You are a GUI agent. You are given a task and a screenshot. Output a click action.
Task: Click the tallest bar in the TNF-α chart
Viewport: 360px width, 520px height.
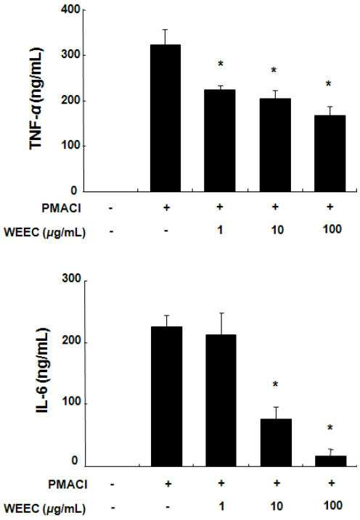165,118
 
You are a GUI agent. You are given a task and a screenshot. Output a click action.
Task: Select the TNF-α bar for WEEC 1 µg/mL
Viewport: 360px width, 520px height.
220,141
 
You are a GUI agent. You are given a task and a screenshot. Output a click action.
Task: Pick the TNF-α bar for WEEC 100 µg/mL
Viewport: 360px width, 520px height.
330,154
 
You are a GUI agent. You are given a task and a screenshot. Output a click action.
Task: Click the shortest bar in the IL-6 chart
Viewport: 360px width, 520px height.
330,461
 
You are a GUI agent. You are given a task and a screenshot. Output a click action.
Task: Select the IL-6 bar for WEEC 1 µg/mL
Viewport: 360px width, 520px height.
221,400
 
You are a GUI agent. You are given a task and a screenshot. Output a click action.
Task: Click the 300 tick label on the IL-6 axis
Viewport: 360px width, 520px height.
71,278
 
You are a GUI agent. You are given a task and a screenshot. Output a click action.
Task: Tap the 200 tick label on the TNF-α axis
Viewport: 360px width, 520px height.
70,100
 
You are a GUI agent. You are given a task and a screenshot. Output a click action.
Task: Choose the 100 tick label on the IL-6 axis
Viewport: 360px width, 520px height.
71,402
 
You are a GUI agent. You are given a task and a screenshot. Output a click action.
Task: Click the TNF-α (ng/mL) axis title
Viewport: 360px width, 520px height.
36,99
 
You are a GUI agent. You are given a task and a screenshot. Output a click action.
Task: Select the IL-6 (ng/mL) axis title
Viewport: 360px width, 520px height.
43,371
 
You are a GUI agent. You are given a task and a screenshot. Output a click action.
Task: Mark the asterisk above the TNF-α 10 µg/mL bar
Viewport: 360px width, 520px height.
274,70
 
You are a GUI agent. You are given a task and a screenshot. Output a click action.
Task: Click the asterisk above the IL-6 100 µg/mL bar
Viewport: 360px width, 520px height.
330,428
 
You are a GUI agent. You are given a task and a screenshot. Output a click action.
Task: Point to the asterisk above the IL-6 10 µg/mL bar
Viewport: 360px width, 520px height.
275,384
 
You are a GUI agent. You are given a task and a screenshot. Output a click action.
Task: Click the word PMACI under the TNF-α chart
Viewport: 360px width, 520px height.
62,209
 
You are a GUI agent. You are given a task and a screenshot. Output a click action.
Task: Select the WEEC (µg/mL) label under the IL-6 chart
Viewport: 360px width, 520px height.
44,508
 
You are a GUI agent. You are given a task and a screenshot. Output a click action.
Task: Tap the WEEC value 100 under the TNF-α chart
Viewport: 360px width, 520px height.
332,229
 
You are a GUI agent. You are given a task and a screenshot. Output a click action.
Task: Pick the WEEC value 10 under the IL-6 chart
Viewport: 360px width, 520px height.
277,506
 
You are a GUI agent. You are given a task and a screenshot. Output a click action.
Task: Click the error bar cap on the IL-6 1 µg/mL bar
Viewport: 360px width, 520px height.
221,313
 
